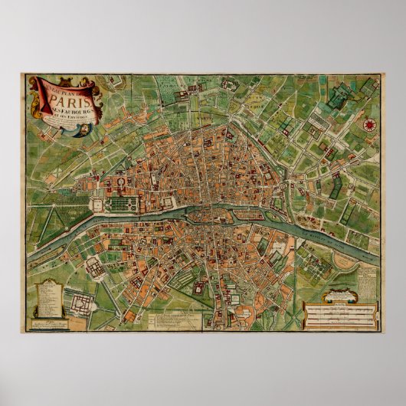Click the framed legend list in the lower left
coord(47,302)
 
